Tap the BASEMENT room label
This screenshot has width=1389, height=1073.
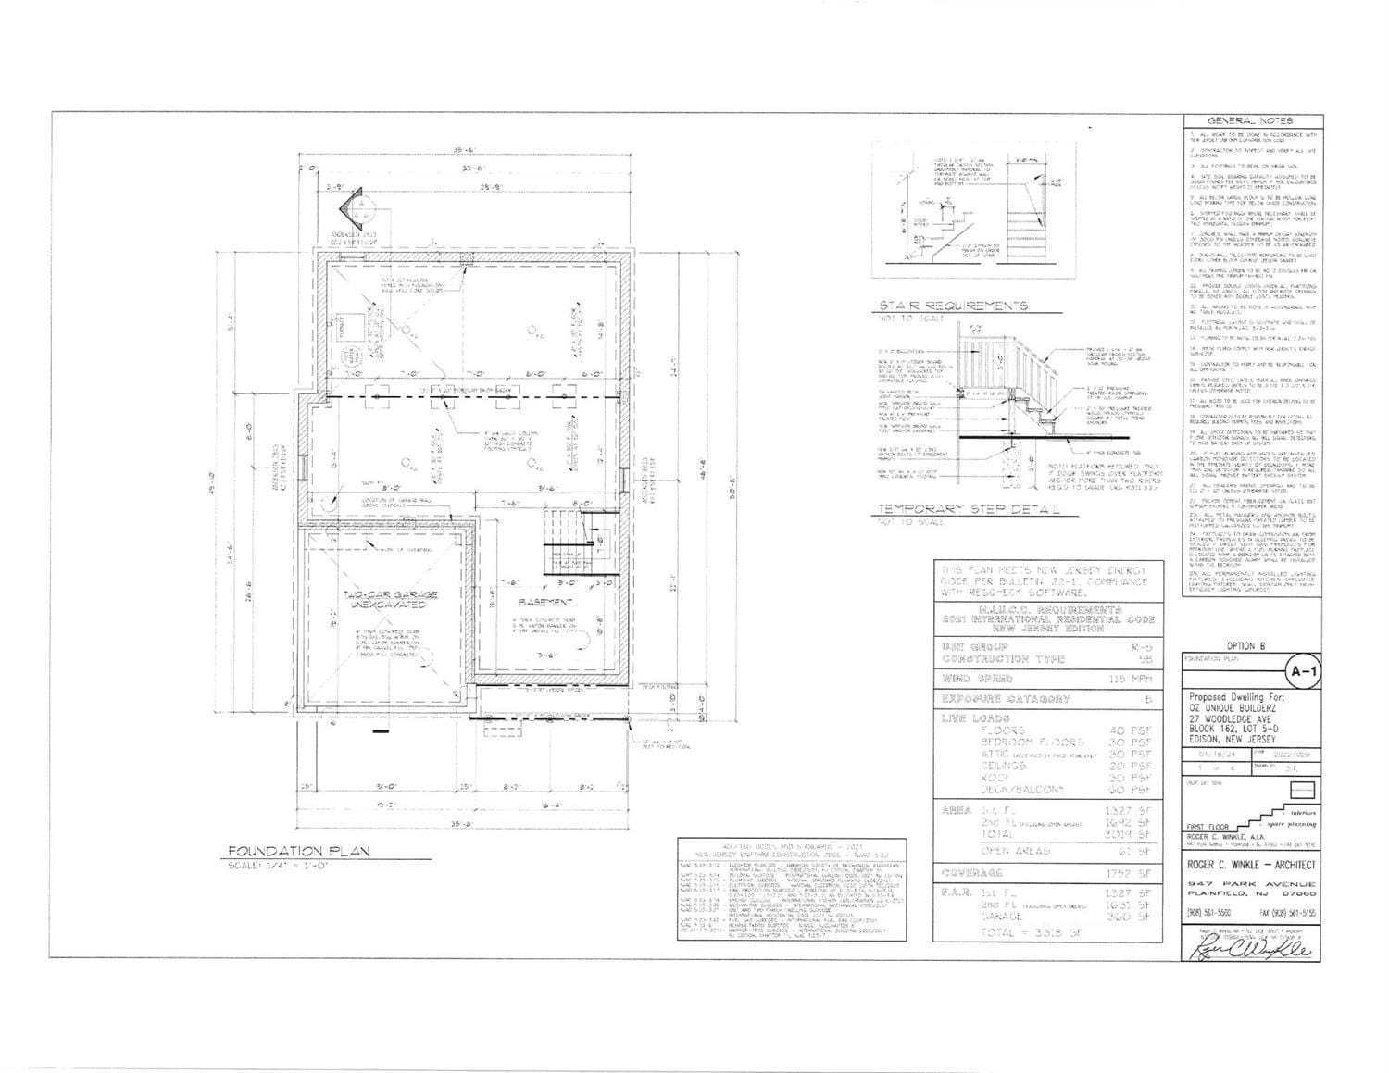coord(538,602)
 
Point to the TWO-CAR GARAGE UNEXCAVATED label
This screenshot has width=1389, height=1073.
coord(377,600)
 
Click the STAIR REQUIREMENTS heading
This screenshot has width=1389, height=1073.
coord(953,306)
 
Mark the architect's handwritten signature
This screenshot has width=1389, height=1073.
coord(1250,949)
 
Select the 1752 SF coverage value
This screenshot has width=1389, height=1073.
coord(1127,872)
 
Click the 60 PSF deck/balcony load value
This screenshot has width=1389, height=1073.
coord(1130,790)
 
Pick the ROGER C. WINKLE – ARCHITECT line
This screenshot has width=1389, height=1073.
coord(1250,865)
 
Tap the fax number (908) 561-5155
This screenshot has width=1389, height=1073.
coord(1283,912)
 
